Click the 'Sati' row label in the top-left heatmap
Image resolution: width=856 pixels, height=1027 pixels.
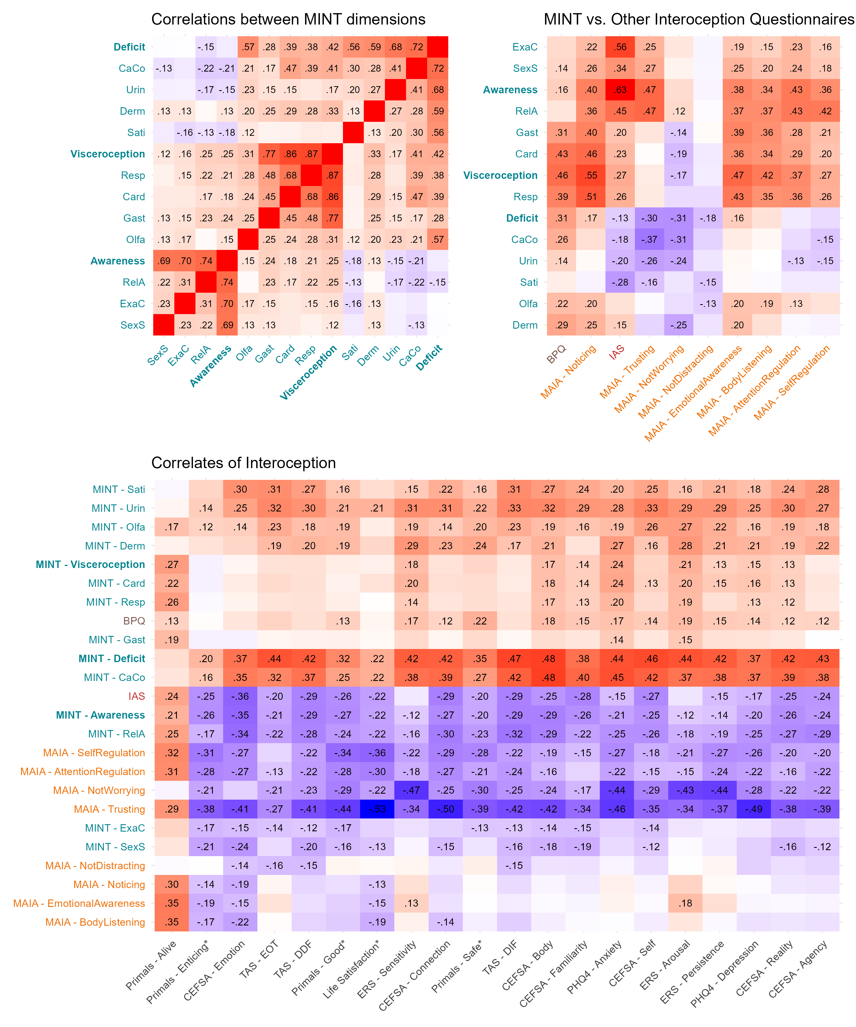(136, 133)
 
